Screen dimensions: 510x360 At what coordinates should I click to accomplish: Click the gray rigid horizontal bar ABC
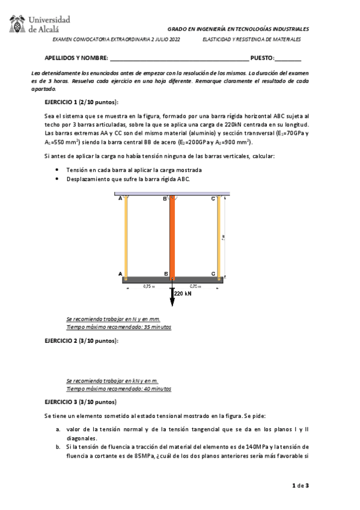[x=172, y=279]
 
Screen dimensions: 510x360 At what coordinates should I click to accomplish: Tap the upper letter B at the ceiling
[x=165, y=198]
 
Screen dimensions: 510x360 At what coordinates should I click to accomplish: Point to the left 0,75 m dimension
[x=148, y=286]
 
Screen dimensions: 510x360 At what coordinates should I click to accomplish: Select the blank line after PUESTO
[x=288, y=59]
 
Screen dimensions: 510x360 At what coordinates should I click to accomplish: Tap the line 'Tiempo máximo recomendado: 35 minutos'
[x=118, y=327]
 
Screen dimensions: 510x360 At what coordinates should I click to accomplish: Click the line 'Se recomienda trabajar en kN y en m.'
[x=112, y=381]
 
